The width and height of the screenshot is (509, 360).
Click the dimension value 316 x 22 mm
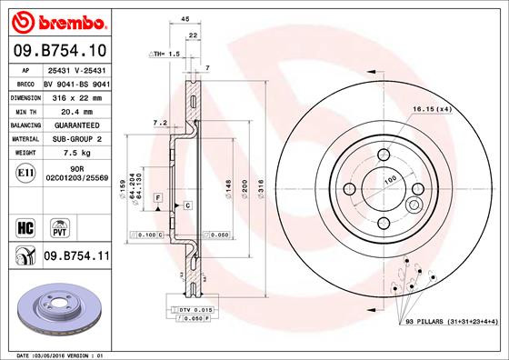click(x=72, y=95)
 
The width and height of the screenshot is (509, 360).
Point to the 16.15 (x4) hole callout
click(x=432, y=109)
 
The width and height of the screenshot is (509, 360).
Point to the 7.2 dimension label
click(x=159, y=122)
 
